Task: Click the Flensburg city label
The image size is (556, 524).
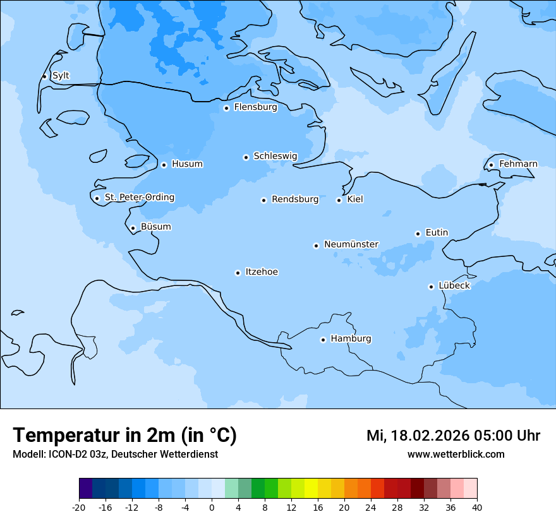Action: pos(255,107)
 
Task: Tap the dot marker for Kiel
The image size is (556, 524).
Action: pos(339,200)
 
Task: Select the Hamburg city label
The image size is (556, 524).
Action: pos(351,338)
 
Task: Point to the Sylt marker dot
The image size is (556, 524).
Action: pos(44,76)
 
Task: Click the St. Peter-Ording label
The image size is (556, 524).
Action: pos(139,198)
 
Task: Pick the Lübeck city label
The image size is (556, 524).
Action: pos(454,285)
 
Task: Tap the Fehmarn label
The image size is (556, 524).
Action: pos(518,164)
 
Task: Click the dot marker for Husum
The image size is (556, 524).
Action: pos(164,165)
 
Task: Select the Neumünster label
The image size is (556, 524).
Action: pos(351,244)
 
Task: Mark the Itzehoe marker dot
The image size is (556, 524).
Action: pos(238,273)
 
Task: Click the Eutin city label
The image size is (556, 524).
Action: pos(437,232)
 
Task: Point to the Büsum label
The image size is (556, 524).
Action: pos(155,227)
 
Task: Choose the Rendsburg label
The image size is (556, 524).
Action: pos(295,199)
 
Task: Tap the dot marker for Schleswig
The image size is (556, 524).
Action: pos(246,157)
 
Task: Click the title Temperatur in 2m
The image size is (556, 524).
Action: pos(124,436)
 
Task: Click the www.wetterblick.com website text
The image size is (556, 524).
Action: pos(456,455)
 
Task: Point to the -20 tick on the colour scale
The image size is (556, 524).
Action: pos(79,508)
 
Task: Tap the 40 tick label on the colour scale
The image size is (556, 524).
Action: pos(477,508)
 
